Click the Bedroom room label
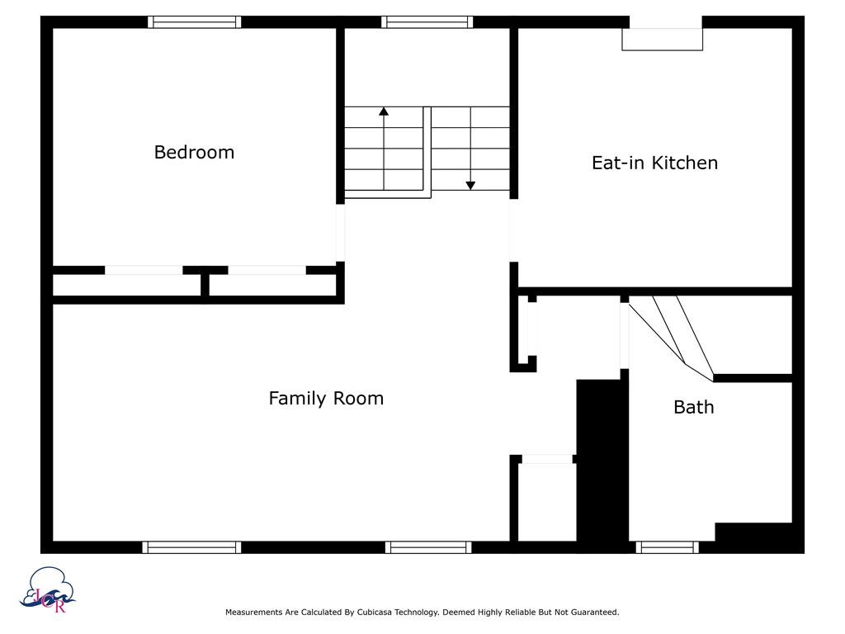(194, 153)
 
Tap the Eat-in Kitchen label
(654, 163)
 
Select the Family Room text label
(326, 399)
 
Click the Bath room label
(693, 407)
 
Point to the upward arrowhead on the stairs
(384, 111)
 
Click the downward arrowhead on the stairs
(470, 185)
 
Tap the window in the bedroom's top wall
(195, 22)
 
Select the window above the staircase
(427, 22)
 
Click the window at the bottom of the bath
(667, 546)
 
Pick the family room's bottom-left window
(191, 546)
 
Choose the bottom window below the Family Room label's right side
(427, 546)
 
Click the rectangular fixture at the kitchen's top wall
(662, 39)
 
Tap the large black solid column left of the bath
(602, 462)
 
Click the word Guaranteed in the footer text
(592, 613)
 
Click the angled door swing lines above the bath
(673, 334)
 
